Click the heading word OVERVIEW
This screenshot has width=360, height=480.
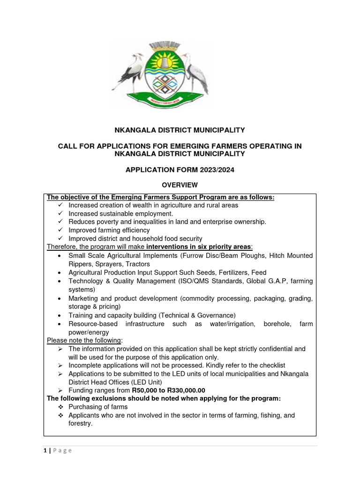pyautogui.click(x=180, y=185)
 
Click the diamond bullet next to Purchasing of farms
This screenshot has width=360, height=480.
pyautogui.click(x=59, y=407)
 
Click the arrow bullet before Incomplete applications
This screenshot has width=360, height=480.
pyautogui.click(x=60, y=365)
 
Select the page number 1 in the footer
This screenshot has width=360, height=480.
pyautogui.click(x=45, y=450)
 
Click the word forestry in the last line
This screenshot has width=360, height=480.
pyautogui.click(x=80, y=423)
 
